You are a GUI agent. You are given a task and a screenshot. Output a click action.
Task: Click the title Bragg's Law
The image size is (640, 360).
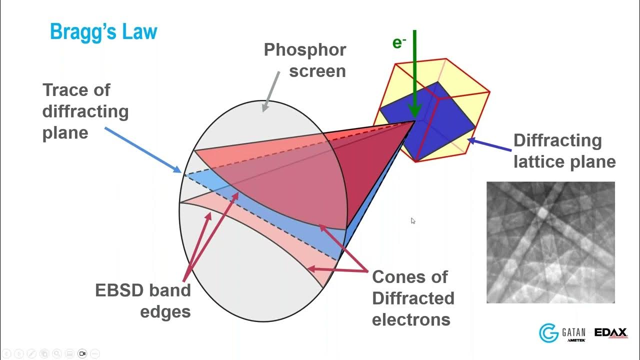[x=103, y=32]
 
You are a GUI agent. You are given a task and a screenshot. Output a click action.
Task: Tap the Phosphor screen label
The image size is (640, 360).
[x=305, y=60]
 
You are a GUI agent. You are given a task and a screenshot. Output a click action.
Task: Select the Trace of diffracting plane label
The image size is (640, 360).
[x=85, y=111]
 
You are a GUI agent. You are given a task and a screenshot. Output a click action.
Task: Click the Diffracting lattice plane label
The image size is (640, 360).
[x=564, y=150]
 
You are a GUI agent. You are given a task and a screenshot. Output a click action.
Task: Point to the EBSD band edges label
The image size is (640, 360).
[x=143, y=300]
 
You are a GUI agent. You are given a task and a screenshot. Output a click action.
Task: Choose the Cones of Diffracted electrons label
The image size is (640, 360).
[x=413, y=298]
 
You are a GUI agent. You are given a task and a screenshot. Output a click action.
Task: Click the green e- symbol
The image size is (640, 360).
[x=398, y=43]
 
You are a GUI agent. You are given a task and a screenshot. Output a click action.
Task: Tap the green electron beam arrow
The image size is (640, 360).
[x=414, y=75]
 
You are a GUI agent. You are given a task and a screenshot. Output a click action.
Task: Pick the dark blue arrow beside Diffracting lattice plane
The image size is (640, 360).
[x=490, y=145]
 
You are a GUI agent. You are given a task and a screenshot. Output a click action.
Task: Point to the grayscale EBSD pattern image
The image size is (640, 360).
[x=550, y=242]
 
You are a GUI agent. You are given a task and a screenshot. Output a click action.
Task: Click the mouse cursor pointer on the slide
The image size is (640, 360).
[x=413, y=220]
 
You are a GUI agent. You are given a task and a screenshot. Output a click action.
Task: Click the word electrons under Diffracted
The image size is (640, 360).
[x=411, y=319]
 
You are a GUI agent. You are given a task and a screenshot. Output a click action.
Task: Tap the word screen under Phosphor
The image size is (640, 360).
[x=317, y=71]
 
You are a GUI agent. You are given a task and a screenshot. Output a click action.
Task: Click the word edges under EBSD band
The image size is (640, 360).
[x=165, y=311]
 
